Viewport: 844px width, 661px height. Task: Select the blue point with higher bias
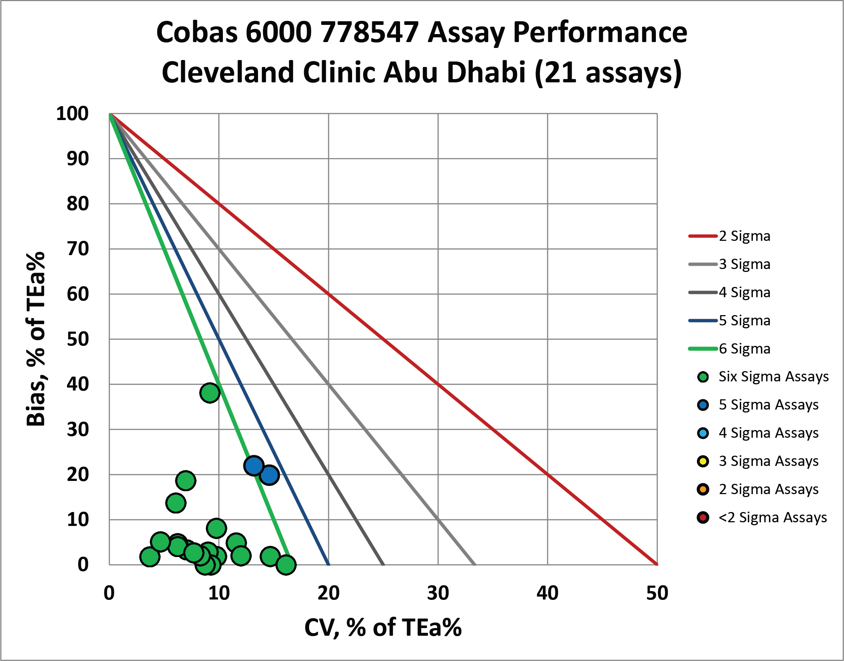click(254, 465)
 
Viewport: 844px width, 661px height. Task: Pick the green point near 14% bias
click(176, 503)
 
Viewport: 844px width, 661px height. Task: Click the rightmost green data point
click(286, 565)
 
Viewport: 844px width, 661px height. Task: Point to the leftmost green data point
click(150, 557)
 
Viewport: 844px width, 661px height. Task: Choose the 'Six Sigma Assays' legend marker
click(703, 377)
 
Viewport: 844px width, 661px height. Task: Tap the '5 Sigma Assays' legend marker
click(703, 405)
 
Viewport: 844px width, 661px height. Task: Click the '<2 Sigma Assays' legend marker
click(703, 518)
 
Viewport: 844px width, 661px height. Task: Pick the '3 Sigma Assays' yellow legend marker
click(703, 461)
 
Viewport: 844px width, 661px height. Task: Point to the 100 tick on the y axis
click(72, 114)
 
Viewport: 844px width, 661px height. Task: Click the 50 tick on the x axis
click(657, 593)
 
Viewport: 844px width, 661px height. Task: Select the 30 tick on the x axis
click(438, 593)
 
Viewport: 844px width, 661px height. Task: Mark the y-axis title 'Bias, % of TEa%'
click(36, 339)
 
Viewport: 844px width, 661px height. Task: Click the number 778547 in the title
click(370, 32)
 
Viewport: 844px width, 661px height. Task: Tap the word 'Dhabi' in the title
click(486, 72)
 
